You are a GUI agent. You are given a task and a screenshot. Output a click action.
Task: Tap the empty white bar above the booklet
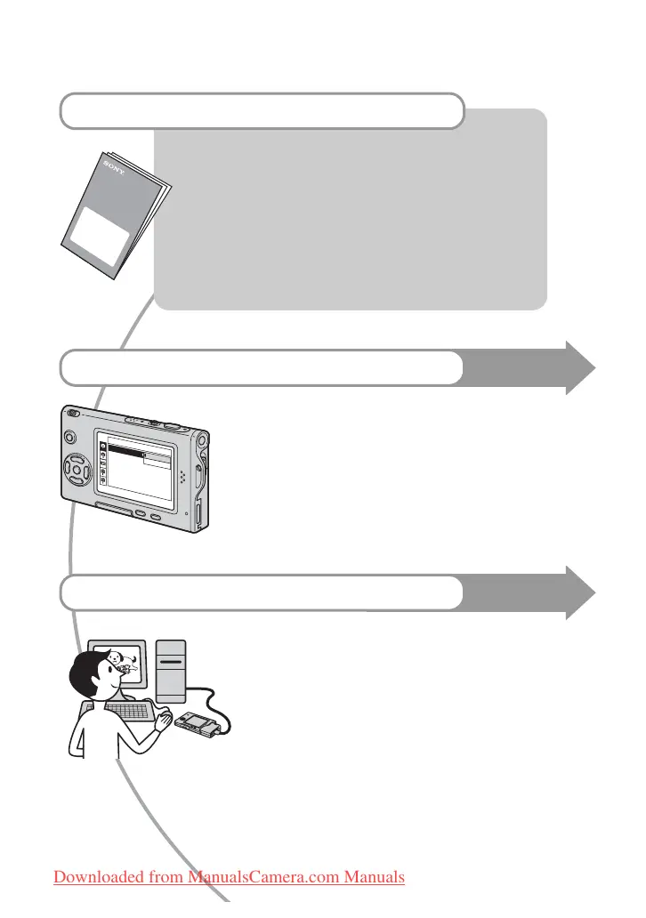[262, 110]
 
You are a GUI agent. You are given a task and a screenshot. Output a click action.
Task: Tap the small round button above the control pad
[69, 437]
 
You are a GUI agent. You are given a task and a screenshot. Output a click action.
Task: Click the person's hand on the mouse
[162, 719]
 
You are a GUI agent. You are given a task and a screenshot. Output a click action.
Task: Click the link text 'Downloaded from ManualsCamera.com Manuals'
[229, 877]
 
